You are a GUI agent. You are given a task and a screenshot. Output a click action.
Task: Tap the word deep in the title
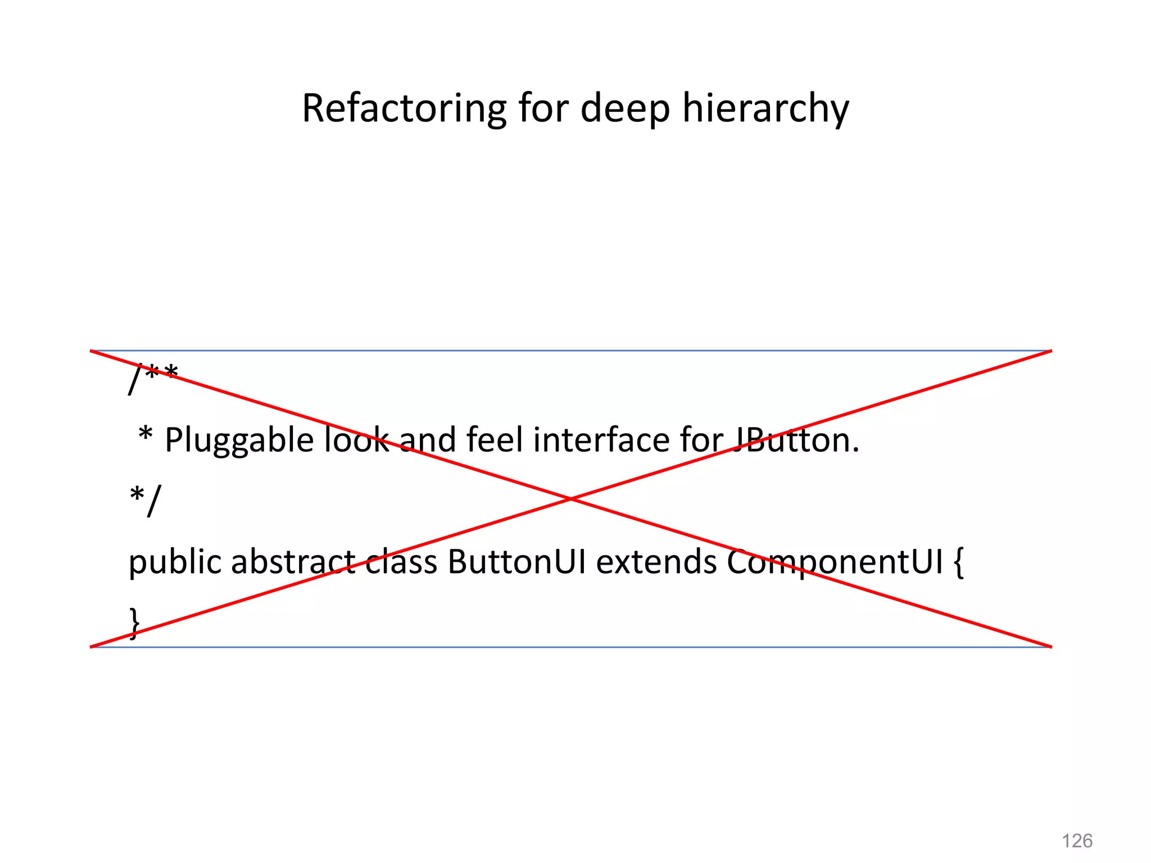coord(625,109)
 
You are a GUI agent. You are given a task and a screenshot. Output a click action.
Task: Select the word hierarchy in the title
coord(765,109)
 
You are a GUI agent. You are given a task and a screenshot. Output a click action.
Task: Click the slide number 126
coord(1077,841)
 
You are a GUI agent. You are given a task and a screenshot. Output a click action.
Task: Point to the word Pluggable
coord(239,440)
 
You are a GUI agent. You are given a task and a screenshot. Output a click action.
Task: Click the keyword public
coord(175,562)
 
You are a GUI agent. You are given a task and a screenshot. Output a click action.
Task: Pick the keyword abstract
coord(293,562)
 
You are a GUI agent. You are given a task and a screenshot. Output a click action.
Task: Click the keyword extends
coord(656,562)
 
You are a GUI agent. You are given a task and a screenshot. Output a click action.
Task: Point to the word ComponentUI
coord(834,562)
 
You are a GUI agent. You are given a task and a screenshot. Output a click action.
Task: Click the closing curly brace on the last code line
coord(134,623)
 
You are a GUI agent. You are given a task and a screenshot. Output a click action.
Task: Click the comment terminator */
coord(145,500)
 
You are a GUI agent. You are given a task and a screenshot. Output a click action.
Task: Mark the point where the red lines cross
coord(570,499)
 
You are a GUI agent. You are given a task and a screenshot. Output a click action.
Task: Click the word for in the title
coord(543,108)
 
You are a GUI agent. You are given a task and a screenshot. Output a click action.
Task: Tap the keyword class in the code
coord(401,562)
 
